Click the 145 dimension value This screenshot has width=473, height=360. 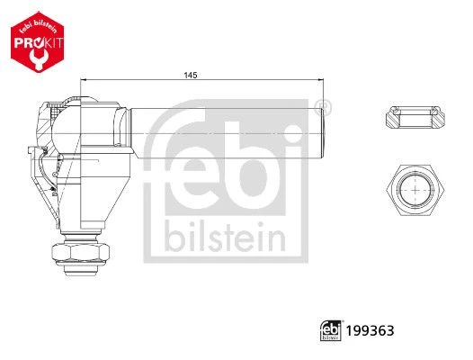click(191, 75)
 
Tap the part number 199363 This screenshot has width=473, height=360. click(370, 330)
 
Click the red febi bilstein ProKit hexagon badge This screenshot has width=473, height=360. click(38, 42)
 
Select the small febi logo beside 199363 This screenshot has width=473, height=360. click(331, 330)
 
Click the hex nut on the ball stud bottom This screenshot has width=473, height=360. click(81, 252)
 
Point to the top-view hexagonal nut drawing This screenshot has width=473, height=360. click(415, 190)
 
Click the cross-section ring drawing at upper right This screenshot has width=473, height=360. click(415, 117)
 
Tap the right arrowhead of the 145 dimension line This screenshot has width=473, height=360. click(321, 80)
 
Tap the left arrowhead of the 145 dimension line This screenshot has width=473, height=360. click(84, 80)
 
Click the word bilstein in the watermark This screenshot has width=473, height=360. click(225, 237)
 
